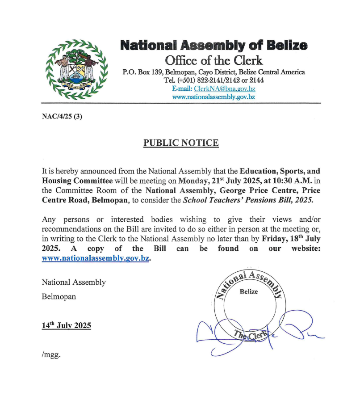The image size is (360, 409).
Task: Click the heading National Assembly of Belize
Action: (213, 46)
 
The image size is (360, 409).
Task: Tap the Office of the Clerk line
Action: (213, 60)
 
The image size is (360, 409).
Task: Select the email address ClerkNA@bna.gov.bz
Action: (224, 89)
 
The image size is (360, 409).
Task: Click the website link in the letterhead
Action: (213, 97)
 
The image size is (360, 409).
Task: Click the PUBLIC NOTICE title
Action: (181, 143)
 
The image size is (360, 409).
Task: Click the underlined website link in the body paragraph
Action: (95, 258)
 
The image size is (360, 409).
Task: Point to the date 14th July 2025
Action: (67, 325)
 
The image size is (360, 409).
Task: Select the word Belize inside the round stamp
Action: (249, 291)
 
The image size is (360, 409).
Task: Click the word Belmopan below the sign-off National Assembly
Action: (59, 296)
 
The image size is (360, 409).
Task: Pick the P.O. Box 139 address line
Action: (213, 72)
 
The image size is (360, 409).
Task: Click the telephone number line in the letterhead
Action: (213, 80)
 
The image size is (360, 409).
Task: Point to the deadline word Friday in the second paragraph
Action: (274, 238)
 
